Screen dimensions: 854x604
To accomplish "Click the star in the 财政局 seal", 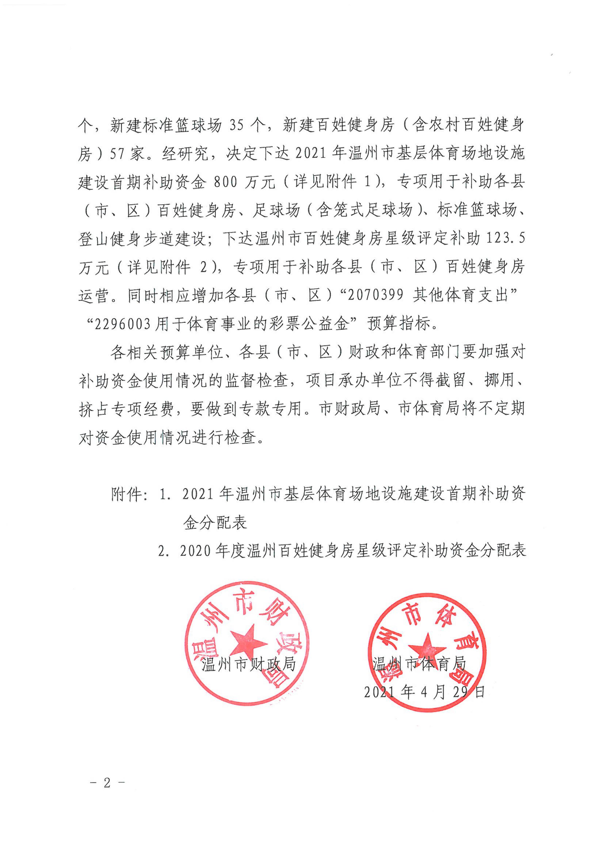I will click(x=248, y=643).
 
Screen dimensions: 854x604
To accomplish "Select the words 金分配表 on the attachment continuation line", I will click(x=215, y=523).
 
